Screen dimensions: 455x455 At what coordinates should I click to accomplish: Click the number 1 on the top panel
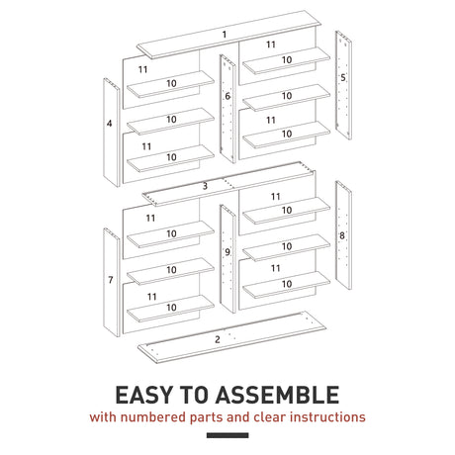coord(225,35)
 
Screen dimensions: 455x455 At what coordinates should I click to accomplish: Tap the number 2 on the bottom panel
coord(218,339)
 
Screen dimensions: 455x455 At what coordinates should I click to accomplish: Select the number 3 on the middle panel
coord(205,186)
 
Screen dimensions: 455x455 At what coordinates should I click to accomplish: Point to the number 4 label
coord(109,124)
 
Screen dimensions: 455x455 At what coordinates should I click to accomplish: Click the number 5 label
coord(342,76)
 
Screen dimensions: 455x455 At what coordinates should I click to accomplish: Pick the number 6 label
coord(227,96)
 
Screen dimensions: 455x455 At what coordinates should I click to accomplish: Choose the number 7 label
coord(110,280)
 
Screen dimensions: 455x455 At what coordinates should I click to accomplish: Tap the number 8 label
coord(341,235)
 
